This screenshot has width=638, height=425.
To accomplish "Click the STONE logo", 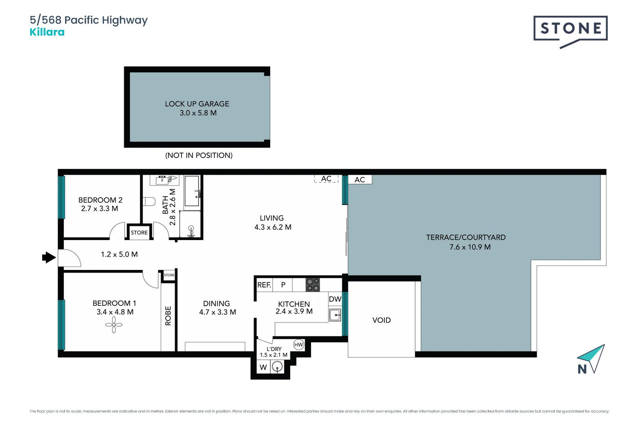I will pos(570,29).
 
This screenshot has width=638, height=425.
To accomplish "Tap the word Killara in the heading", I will pos(47,32).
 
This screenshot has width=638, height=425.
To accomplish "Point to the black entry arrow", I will pos(49,257).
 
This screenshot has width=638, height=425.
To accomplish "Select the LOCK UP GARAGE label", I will pos(197,104).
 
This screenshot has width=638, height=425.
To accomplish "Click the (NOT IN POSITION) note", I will pos(199,155).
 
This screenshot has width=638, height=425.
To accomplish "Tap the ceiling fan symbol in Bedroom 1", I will pos(114,325).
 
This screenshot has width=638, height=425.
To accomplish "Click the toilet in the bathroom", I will pos(149,201).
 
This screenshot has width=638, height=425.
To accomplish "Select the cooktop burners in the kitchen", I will pos(313,285).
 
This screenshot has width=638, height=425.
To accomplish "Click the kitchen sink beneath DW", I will pos(335,315).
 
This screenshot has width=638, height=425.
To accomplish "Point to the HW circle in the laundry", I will pos(299,345).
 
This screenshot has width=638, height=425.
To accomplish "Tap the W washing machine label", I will pos(263,368).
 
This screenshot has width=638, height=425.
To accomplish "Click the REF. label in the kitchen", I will pos(264,285).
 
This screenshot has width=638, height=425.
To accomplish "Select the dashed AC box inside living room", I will pos(326,179).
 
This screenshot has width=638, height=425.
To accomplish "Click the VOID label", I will pos(382,320).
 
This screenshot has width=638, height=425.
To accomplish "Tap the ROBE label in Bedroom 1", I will pos(168,316).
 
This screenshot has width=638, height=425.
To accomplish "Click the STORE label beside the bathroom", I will pos(139,233).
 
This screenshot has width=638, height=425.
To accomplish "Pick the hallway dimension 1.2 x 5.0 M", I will pos(119,254).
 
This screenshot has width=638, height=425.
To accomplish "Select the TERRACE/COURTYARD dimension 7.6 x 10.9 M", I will pos(470,247).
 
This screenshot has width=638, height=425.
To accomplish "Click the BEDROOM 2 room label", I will pos(100,200).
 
